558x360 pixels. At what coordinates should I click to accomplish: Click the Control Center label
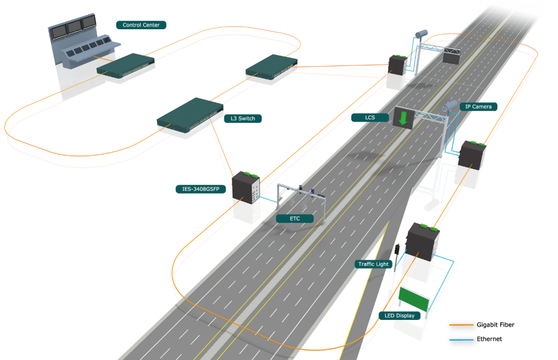pos(141,25)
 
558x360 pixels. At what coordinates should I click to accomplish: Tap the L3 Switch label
pos(242,118)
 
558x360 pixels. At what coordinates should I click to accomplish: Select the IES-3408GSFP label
pos(200,189)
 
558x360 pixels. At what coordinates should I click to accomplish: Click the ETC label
pos(295,218)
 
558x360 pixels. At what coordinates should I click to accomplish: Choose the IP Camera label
pos(478,107)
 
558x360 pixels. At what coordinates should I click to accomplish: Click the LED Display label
pos(399,316)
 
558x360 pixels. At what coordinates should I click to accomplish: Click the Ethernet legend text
pos(489,339)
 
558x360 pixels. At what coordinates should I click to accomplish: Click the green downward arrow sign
pos(403,118)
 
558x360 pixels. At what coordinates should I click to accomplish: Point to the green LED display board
pos(413,299)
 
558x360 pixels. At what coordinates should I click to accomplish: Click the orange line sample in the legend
pos(460,325)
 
